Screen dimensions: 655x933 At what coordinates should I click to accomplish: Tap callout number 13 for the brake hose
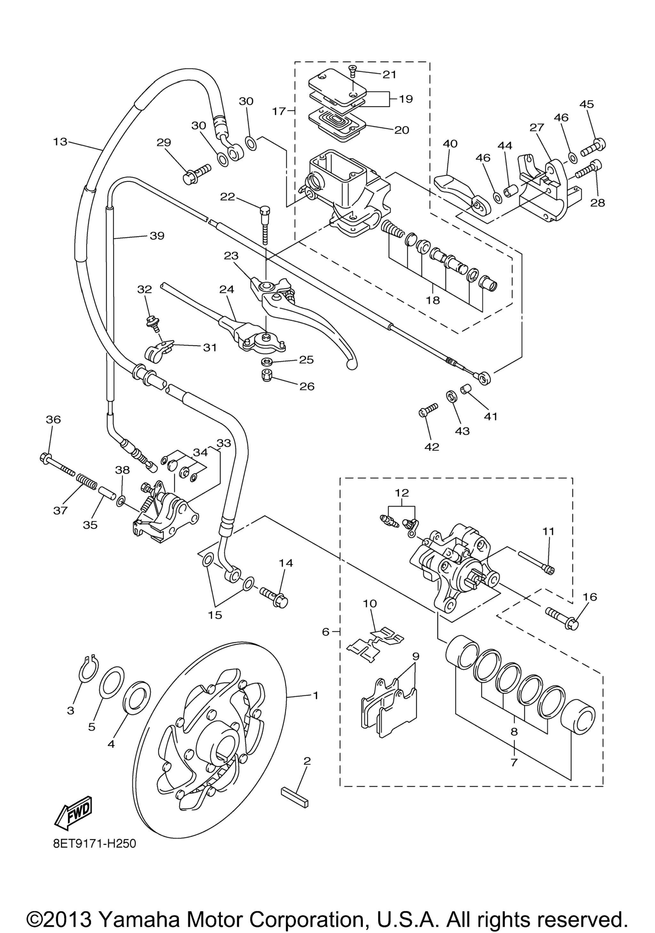click(60, 142)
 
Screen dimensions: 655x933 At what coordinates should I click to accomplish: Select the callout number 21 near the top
click(389, 74)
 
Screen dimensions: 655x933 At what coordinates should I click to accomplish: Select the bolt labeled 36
click(57, 465)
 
